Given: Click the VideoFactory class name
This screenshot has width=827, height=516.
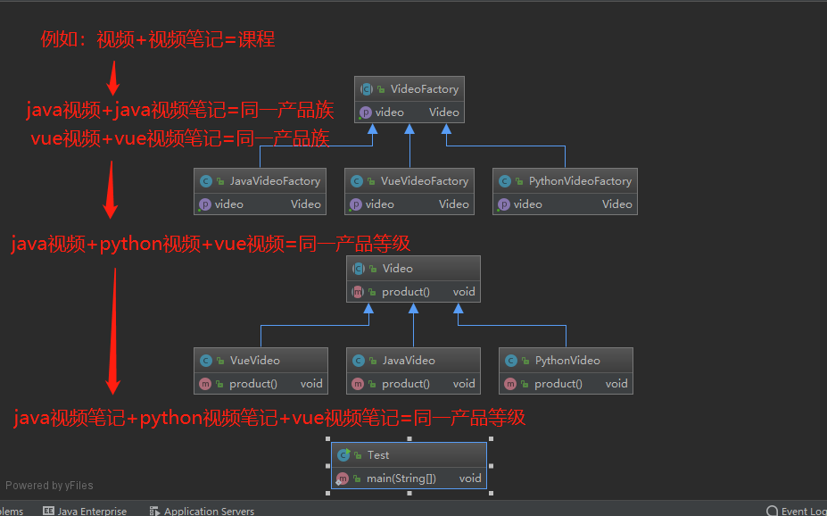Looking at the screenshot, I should pyautogui.click(x=424, y=89).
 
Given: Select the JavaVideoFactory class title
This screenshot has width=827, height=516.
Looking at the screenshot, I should pyautogui.click(x=274, y=181).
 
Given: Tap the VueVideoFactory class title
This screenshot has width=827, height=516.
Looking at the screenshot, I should pyautogui.click(x=424, y=181).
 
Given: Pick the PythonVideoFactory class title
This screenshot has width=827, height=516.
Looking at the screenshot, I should pyautogui.click(x=579, y=181).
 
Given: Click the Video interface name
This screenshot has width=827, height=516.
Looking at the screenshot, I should pyautogui.click(x=397, y=269).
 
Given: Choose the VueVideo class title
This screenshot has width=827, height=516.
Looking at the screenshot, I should pyautogui.click(x=254, y=361).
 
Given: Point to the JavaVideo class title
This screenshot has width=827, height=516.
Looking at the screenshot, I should pyautogui.click(x=408, y=361).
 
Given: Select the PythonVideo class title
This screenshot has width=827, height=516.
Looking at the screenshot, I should pyautogui.click(x=566, y=361).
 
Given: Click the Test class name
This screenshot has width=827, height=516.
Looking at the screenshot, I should pyautogui.click(x=378, y=455).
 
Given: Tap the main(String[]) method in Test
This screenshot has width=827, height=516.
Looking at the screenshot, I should pyautogui.click(x=401, y=479).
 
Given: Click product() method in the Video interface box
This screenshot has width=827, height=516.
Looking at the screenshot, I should pyautogui.click(x=405, y=292).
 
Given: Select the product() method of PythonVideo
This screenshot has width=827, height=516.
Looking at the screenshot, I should pyautogui.click(x=558, y=384).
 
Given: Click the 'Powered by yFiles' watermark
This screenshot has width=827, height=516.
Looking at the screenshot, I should pyautogui.click(x=49, y=486).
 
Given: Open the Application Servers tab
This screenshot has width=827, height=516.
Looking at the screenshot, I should pyautogui.click(x=209, y=511).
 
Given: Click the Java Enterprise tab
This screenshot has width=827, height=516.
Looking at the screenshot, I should pyautogui.click(x=92, y=511).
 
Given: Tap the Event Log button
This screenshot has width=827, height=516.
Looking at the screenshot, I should pyautogui.click(x=800, y=511).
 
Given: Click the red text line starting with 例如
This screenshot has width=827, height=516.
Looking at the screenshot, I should pyautogui.click(x=157, y=39).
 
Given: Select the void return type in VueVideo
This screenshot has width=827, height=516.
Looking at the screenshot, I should pyautogui.click(x=311, y=384).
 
